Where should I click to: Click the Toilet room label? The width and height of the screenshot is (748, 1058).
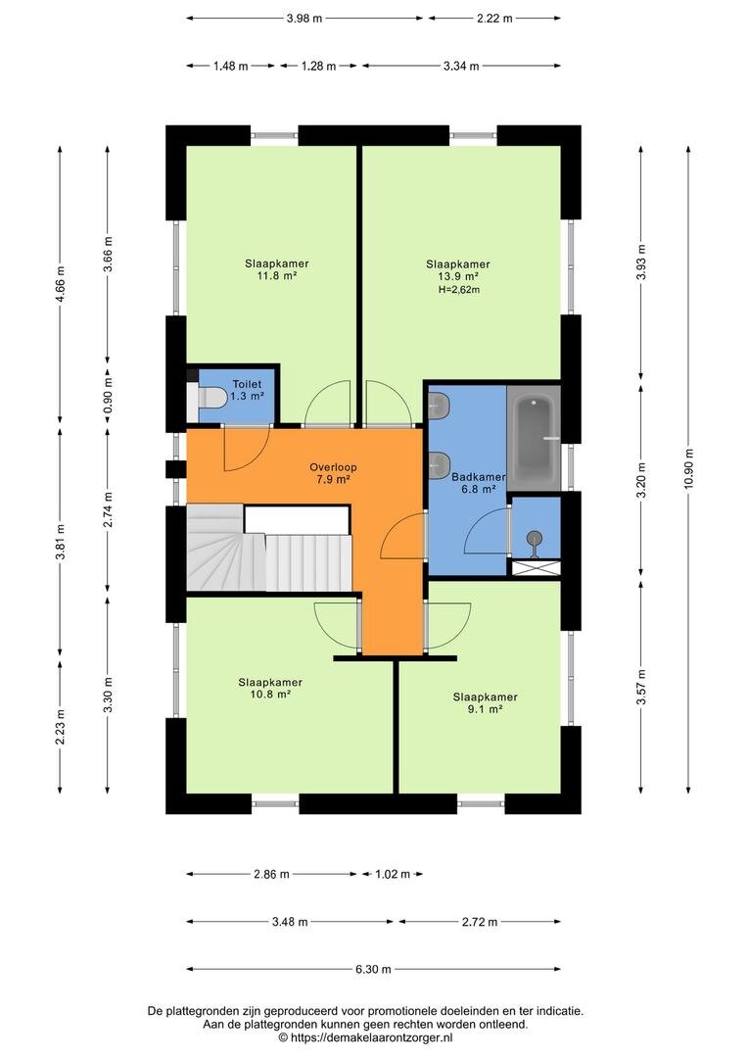(247, 385)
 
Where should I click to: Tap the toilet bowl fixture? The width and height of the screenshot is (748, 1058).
(211, 398)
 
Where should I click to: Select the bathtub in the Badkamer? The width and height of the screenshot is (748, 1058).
(534, 438)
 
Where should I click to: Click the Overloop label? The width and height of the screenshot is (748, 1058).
(333, 467)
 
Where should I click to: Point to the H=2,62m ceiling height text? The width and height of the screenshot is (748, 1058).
(458, 290)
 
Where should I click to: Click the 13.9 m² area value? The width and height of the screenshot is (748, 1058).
(458, 276)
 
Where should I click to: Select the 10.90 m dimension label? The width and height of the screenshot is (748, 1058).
(688, 469)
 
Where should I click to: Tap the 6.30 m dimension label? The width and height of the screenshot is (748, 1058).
(373, 970)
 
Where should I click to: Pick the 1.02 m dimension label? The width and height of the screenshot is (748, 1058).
(393, 875)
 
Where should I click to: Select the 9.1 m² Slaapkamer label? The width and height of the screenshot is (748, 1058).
(485, 703)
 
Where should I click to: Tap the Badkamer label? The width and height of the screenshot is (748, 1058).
(478, 477)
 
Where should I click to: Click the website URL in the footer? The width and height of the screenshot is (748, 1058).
(372, 1037)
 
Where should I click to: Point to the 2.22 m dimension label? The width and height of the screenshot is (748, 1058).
(494, 19)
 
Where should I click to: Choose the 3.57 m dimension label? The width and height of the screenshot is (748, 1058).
(640, 688)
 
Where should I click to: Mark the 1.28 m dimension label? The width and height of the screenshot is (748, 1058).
(318, 67)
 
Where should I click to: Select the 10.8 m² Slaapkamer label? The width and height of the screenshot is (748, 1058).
(270, 689)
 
